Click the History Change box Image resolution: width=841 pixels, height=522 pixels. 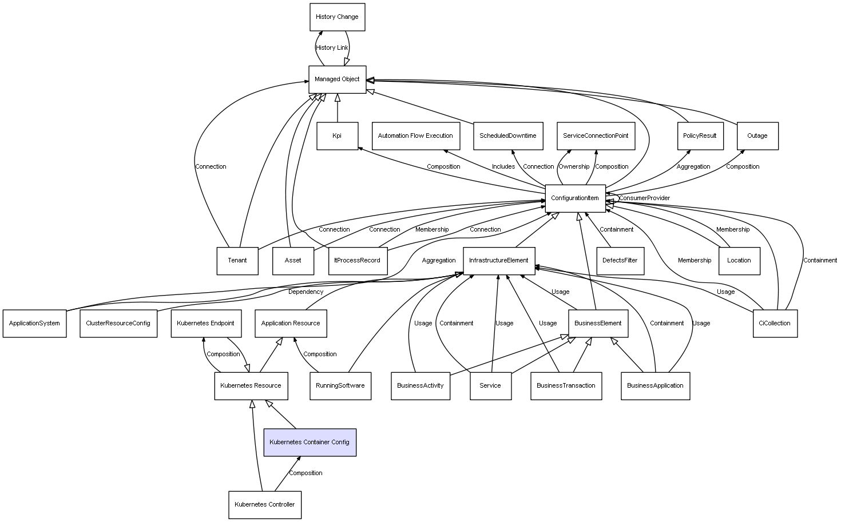click(337, 17)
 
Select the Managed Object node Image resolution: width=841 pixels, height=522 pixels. click(337, 79)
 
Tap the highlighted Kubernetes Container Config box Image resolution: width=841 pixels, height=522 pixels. click(310, 442)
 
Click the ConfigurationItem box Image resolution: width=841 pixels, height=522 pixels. click(575, 198)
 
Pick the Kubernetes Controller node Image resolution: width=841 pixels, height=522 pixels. click(265, 504)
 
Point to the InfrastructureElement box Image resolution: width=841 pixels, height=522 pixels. click(499, 261)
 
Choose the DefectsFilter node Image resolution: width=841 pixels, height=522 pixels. click(620, 261)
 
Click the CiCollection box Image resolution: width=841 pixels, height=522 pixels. click(775, 323)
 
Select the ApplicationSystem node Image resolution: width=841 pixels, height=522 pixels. click(34, 323)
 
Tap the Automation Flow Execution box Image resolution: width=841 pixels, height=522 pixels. click(415, 136)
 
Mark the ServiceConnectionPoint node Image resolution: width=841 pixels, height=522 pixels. click(596, 136)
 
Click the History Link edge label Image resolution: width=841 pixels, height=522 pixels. click(332, 48)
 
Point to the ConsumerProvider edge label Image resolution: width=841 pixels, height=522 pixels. click(644, 198)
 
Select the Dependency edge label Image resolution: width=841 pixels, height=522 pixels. click(306, 292)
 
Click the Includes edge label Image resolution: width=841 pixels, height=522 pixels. click(503, 167)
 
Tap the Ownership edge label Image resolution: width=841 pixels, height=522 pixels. click(574, 167)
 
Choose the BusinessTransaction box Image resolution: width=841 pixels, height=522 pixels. click(566, 385)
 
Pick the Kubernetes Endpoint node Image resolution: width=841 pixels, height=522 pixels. click(205, 323)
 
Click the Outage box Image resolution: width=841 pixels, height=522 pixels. click(757, 136)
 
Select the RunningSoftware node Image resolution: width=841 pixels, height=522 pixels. click(340, 385)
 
